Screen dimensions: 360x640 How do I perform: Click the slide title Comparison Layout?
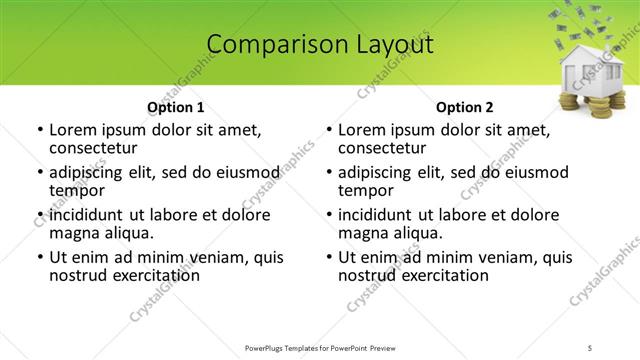320,45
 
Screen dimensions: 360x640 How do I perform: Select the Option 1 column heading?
175,107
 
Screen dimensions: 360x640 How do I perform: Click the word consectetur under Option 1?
92,149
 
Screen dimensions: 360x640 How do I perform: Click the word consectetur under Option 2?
382,149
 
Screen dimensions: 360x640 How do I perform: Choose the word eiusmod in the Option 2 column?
540,171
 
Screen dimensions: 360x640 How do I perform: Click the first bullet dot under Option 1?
39,130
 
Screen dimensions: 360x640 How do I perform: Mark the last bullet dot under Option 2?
329,257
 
